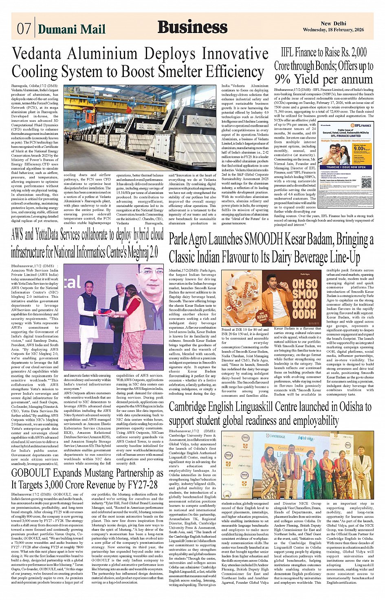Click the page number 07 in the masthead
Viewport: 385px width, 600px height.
click(x=24, y=29)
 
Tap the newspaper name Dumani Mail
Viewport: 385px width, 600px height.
click(x=71, y=29)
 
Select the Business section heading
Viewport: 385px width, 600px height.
click(x=192, y=27)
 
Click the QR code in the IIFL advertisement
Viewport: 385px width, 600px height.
click(x=366, y=183)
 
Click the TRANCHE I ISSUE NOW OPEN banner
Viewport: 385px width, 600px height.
click(x=346, y=167)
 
